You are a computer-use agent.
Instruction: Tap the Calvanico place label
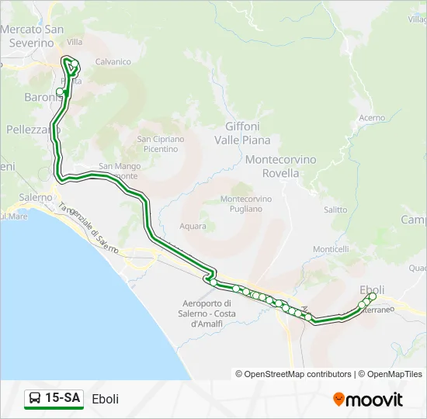tap(113, 61)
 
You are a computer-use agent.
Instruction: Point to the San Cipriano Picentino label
tap(161, 144)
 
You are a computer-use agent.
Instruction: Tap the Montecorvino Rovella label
tap(281, 166)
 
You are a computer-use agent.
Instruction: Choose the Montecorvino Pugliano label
tap(247, 203)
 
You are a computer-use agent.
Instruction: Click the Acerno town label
tap(372, 117)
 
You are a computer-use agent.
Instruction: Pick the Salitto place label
tap(335, 209)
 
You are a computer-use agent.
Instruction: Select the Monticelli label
tap(331, 249)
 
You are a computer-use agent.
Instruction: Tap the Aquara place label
tap(193, 226)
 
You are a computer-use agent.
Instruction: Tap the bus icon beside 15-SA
tap(35, 398)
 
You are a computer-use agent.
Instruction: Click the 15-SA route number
tap(62, 398)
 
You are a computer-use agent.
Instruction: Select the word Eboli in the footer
tap(105, 399)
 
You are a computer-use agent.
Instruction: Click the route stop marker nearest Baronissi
tap(60, 92)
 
